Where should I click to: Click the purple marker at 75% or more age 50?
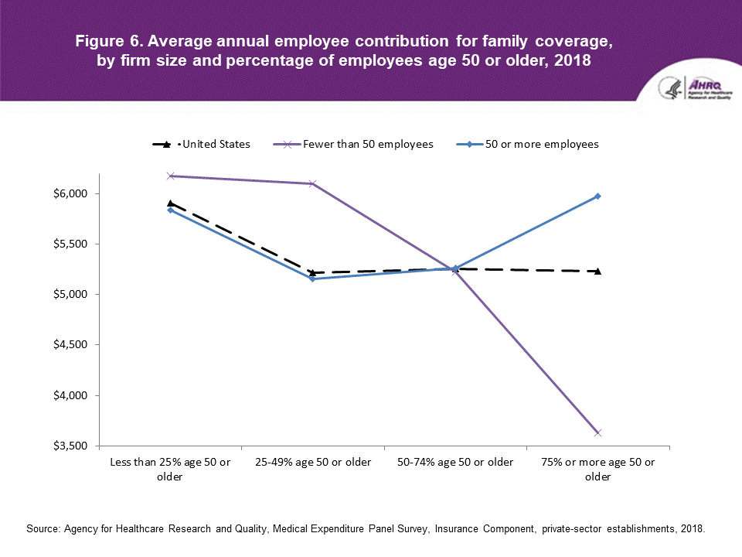[x=597, y=432]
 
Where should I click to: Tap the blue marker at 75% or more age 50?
[x=597, y=196]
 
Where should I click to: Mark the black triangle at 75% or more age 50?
[x=597, y=271]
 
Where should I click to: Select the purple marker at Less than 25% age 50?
[x=170, y=176]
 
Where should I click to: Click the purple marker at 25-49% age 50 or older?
[x=312, y=183]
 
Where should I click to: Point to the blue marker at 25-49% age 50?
[x=312, y=278]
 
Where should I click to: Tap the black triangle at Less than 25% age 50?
[x=170, y=203]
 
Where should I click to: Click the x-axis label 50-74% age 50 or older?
[x=455, y=463]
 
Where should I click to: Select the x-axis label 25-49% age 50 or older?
[x=313, y=463]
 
